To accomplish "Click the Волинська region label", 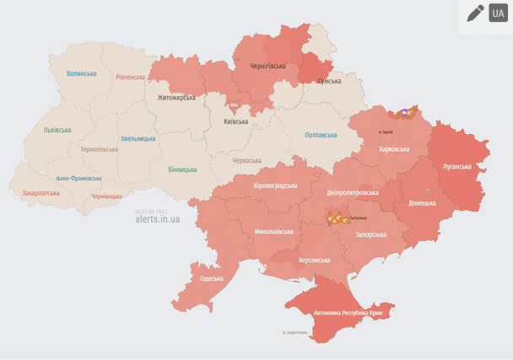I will [x=82, y=73].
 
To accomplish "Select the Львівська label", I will [x=57, y=130].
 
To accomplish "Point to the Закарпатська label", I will [x=41, y=193].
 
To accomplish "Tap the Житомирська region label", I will [x=176, y=98].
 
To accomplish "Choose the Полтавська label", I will [x=321, y=135].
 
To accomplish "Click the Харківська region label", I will [x=394, y=148].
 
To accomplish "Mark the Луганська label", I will [x=456, y=166].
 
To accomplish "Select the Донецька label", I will [x=422, y=203].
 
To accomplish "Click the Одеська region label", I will [x=212, y=278].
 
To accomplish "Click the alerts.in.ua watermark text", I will [x=157, y=219].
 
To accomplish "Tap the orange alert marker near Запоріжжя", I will [x=338, y=219].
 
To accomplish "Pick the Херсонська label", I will [x=314, y=261].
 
